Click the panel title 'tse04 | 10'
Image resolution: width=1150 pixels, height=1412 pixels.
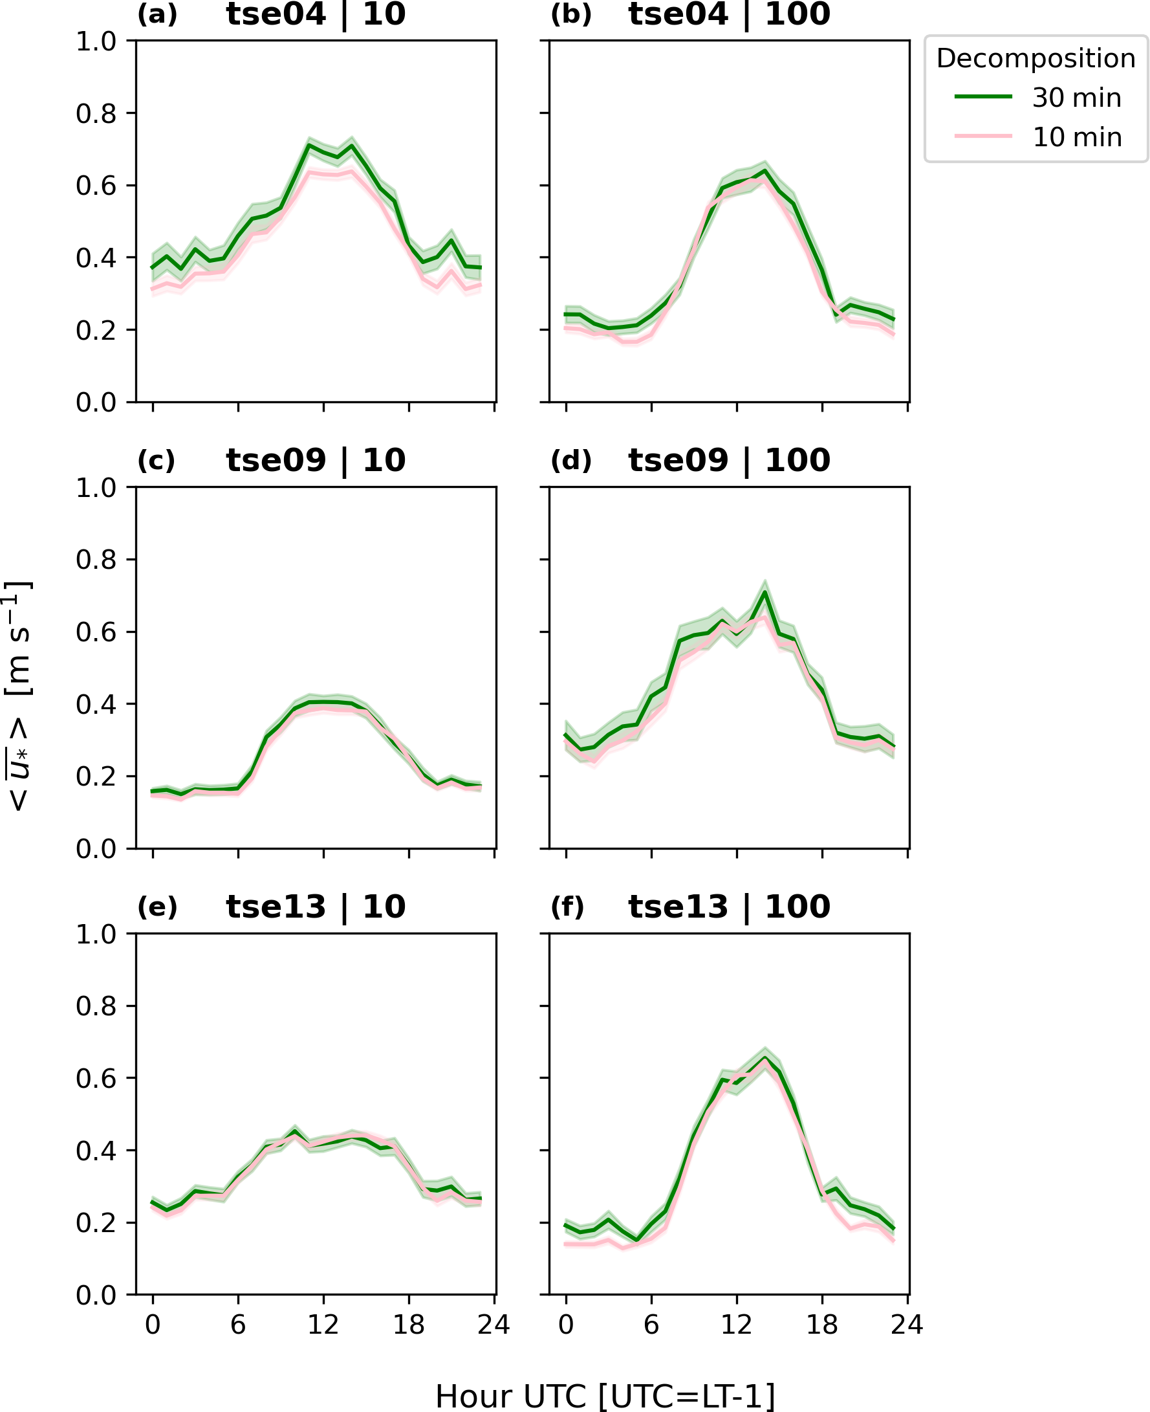tap(316, 15)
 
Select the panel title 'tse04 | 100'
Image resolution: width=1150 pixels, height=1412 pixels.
tap(729, 15)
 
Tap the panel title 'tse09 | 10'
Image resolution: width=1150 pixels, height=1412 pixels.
tap(316, 461)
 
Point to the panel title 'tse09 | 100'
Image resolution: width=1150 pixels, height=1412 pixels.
tap(729, 461)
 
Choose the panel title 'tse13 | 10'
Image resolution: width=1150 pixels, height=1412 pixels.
tap(316, 907)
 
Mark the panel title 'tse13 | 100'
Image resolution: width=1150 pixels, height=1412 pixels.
tap(729, 907)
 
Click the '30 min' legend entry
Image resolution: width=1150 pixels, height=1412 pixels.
tap(1076, 98)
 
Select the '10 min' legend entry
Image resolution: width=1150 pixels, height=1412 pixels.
tap(1076, 138)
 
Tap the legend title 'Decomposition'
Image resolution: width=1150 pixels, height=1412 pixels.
tap(1036, 58)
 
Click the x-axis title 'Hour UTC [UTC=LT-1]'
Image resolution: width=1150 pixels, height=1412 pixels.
tap(605, 1392)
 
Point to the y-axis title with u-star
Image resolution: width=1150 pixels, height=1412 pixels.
tap(19, 696)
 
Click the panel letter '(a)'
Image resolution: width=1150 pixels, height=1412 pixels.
tap(157, 15)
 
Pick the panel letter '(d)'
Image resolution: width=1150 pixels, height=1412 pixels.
tap(570, 461)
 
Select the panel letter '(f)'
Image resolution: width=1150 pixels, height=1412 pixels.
tap(568, 907)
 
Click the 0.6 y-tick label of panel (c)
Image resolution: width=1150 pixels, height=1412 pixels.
tap(96, 632)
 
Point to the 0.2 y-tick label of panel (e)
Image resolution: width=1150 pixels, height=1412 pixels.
tap(96, 1222)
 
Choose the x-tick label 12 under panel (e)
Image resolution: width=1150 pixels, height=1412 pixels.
tap(323, 1325)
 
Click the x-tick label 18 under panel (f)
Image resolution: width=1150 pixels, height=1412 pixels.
tap(822, 1325)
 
